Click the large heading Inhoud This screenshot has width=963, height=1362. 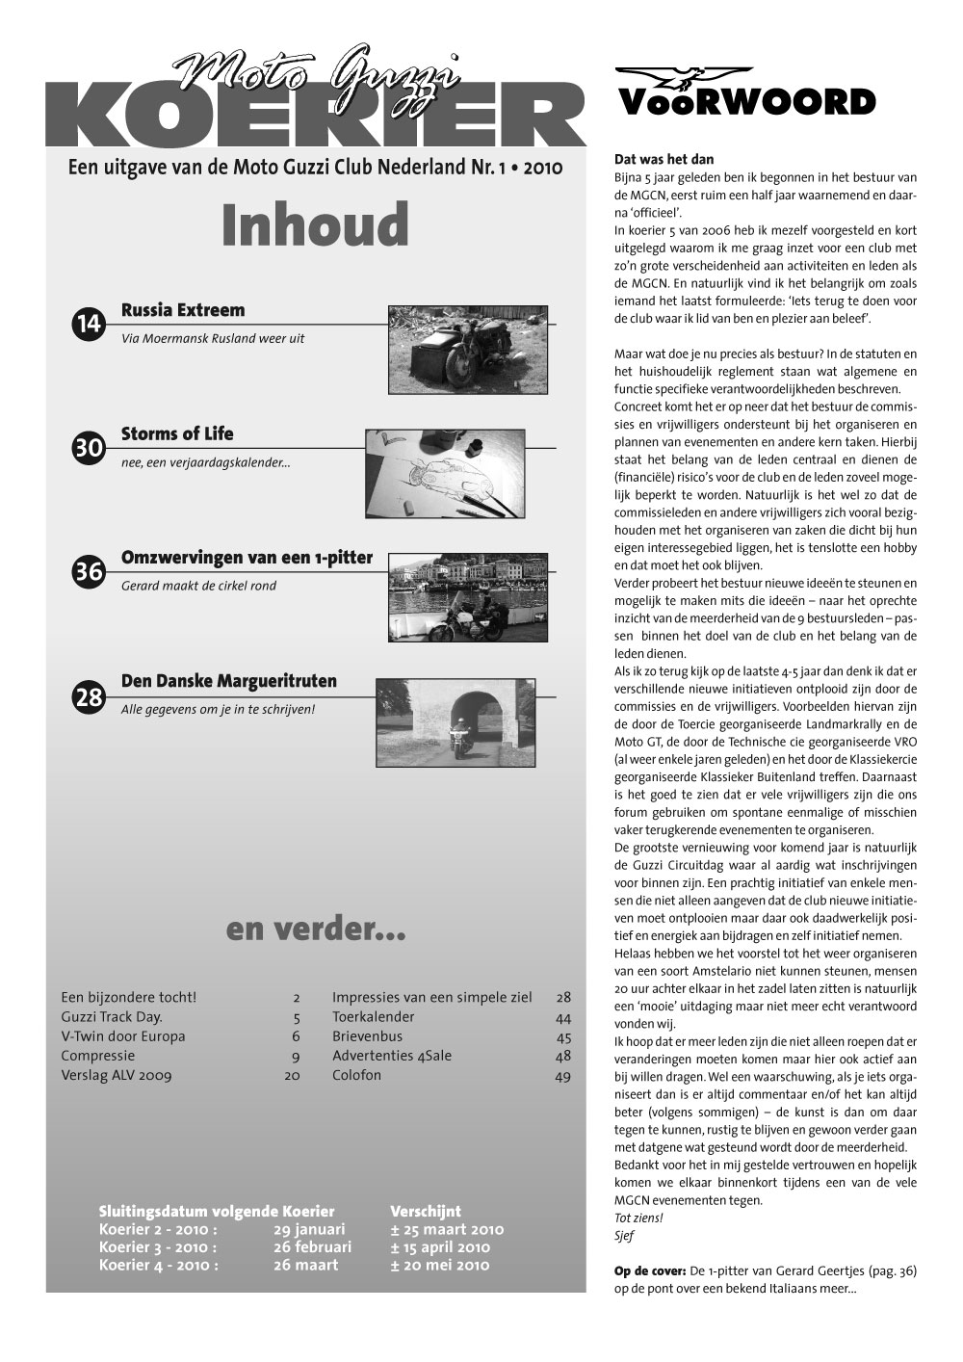315,224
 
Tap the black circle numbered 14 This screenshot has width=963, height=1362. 89,325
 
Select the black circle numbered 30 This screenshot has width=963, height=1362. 89,448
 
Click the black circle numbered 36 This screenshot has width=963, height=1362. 89,571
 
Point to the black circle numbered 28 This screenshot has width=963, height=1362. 89,695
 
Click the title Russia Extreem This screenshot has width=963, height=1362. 183,310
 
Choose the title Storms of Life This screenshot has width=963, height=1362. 177,433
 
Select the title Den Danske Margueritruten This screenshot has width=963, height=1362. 229,681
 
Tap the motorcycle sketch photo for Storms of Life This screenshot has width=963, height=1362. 448,475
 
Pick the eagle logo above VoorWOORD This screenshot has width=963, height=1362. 684,77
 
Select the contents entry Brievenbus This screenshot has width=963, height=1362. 367,1036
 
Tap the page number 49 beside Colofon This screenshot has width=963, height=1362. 563,1076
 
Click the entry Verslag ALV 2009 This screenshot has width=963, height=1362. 116,1075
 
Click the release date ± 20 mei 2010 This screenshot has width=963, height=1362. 439,1265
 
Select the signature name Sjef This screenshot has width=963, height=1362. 624,1236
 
